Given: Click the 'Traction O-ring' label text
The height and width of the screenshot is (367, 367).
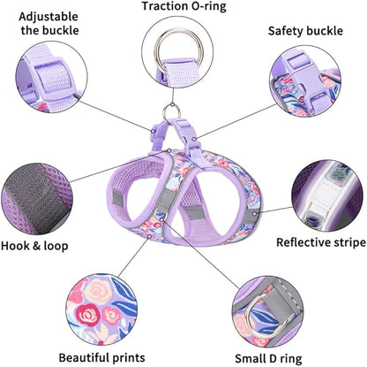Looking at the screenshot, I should tap(183, 8).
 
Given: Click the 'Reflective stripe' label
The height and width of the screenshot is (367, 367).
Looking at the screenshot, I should tap(320, 241).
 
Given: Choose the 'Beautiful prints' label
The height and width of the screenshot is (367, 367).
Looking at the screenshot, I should tap(101, 357).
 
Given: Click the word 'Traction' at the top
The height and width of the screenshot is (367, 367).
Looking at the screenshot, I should tap(165, 8).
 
